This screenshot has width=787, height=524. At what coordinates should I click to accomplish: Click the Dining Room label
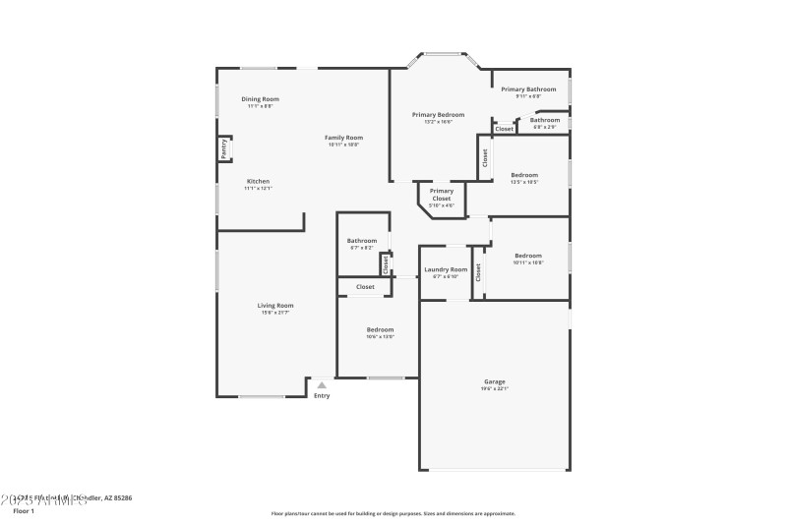click(261, 99)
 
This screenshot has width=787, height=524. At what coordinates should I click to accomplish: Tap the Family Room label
click(344, 138)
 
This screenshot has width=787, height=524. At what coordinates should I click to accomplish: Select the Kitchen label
click(258, 181)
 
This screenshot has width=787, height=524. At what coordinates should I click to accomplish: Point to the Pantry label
click(224, 148)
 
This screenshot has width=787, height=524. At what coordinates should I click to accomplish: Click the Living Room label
click(276, 306)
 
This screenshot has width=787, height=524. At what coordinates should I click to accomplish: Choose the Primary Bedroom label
click(438, 115)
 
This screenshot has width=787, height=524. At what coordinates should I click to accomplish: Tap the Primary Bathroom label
click(528, 89)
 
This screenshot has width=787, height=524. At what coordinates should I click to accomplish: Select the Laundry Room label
click(446, 269)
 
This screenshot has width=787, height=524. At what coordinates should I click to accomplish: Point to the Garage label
click(494, 381)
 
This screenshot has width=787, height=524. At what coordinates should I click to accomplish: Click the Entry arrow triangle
click(321, 385)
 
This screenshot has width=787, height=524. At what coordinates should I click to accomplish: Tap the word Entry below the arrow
click(322, 396)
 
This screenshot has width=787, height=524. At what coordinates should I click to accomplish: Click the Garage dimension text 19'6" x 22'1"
click(494, 388)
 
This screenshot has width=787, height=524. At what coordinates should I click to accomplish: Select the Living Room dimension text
click(276, 313)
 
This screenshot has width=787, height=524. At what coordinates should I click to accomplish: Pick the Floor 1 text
click(23, 511)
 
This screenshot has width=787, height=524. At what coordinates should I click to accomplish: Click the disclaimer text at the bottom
click(393, 513)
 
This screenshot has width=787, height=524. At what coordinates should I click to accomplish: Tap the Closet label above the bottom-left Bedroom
click(365, 287)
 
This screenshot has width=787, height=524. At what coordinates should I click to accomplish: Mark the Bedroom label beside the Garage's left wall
click(381, 329)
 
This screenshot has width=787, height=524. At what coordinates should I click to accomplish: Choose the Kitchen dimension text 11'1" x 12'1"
click(258, 188)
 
